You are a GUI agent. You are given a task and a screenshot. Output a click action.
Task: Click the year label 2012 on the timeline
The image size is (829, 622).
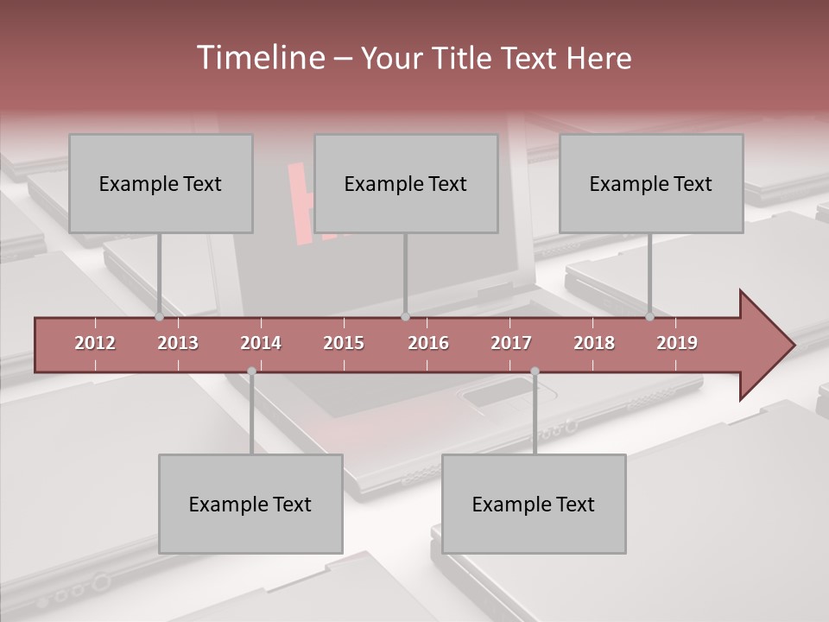point(95,343)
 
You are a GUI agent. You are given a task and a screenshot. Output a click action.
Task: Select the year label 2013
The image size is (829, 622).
point(178,343)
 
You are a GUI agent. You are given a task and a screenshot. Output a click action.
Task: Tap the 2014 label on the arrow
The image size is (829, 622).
point(261,343)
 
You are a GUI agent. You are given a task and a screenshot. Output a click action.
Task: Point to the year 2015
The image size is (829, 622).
point(344,343)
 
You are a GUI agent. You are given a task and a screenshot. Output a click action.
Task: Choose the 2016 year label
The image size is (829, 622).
point(428,343)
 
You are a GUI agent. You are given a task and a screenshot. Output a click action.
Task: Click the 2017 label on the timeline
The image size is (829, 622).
point(511,343)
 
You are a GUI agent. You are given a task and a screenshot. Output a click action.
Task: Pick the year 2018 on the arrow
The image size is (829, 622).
point(594,343)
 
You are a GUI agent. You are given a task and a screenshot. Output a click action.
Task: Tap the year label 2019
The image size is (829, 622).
point(677,343)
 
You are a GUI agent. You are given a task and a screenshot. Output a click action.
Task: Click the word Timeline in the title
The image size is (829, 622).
point(259,58)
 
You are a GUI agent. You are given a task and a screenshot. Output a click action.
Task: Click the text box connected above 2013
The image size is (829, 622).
point(161,184)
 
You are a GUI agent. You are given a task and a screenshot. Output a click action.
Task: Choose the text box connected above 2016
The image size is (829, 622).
point(406,184)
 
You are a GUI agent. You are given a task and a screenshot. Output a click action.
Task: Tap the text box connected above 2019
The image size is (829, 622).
point(651,184)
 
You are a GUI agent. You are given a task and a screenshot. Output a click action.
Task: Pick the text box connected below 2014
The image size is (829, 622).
point(250,505)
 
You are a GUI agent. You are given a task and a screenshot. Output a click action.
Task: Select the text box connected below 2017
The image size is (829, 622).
point(534,505)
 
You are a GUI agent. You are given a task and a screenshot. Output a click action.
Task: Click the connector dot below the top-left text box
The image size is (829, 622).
point(159,317)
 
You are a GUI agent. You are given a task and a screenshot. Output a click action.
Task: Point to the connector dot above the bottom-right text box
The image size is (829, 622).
point(535,371)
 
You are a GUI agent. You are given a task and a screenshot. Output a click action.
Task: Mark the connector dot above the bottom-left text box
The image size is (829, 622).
point(251,371)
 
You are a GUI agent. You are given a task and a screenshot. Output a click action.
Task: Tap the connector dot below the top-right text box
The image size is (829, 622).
point(649,317)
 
